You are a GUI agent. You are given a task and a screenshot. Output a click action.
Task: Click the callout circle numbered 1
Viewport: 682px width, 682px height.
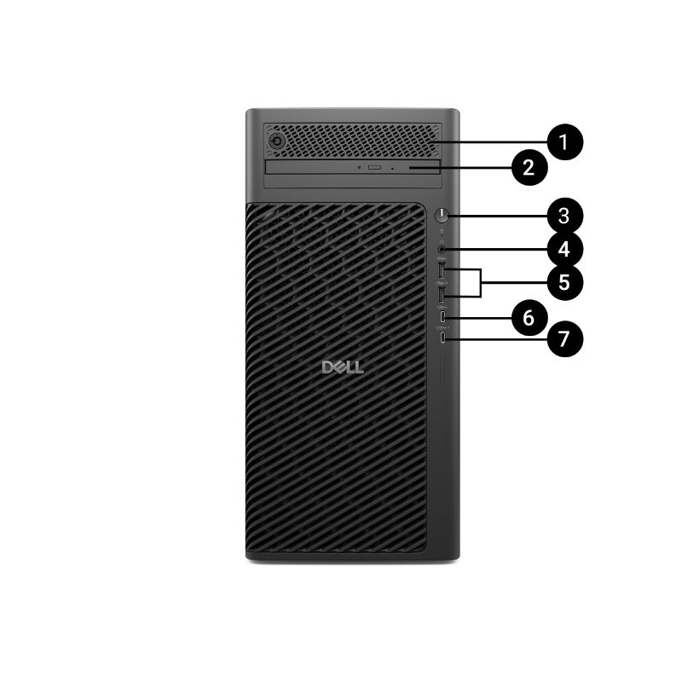tap(563, 140)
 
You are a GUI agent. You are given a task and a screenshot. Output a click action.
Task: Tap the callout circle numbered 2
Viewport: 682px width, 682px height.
tap(529, 165)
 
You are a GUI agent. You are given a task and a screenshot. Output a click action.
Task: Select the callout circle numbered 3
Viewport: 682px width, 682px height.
tap(564, 214)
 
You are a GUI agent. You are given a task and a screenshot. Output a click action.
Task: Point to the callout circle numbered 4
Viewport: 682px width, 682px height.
tap(564, 250)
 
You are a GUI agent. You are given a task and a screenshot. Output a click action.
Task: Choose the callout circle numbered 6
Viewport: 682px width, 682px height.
tap(529, 317)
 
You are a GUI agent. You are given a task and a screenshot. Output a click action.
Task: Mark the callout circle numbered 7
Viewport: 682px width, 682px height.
tap(564, 338)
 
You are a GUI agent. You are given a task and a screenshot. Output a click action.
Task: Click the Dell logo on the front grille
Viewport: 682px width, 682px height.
tap(343, 367)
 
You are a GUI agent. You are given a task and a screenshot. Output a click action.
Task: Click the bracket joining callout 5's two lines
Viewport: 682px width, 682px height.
tap(481, 283)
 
